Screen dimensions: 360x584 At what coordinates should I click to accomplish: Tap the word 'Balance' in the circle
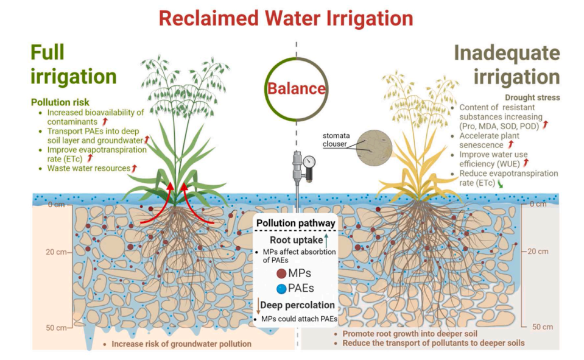click(x=297, y=89)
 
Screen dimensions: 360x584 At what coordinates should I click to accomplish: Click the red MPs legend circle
click(x=281, y=274)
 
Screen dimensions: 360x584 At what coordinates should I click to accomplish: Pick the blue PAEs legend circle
click(x=281, y=289)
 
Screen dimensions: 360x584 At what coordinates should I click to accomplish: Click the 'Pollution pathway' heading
click(x=296, y=224)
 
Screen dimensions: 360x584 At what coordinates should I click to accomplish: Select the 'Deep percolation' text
click(x=298, y=305)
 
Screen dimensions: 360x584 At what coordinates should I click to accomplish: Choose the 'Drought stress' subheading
click(x=533, y=97)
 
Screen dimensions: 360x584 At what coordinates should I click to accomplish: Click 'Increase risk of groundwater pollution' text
click(x=181, y=344)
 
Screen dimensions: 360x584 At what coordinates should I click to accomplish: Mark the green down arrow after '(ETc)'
click(x=501, y=183)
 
